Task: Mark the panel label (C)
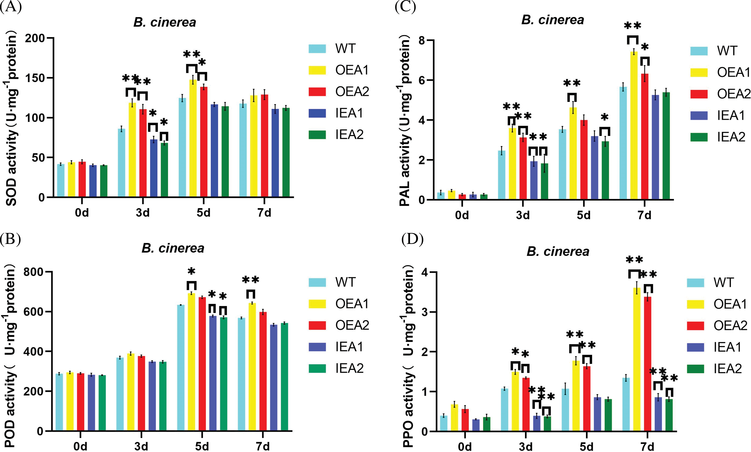[x=405, y=7]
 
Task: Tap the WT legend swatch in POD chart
[x=317, y=282]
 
